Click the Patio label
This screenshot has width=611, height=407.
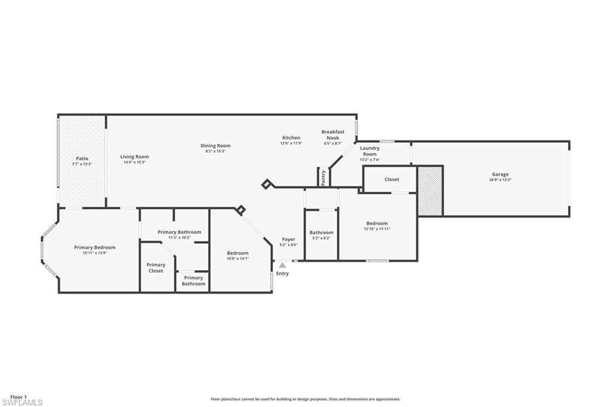point(82,158)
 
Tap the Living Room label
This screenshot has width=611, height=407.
point(134,157)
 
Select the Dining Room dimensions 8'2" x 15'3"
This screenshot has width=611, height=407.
point(215,151)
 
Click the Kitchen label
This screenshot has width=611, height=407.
point(291,137)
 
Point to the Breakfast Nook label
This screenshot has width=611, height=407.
point(333,134)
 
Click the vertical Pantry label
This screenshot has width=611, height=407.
point(323,178)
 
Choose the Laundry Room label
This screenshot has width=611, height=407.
point(370,151)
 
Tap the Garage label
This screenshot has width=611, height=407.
point(500,175)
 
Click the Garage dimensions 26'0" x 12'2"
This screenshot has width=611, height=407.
point(500,180)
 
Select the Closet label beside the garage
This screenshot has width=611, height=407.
point(391,179)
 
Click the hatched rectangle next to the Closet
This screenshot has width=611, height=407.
point(430,191)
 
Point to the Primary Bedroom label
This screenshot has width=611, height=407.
point(95,247)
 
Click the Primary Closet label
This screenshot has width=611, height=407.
point(156,268)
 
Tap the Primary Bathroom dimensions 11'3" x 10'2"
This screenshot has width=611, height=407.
point(179,238)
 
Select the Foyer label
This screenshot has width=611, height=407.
point(289,239)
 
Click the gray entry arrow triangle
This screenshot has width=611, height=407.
point(282,265)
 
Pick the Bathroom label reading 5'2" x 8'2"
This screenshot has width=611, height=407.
point(322,232)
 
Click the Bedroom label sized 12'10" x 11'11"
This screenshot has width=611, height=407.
point(377,223)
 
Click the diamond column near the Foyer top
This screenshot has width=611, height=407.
point(266,184)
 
